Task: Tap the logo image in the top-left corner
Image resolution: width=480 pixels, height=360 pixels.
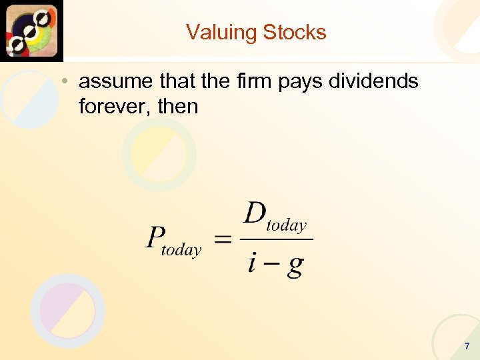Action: (x=31, y=31)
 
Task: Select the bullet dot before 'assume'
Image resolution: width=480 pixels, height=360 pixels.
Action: (x=62, y=82)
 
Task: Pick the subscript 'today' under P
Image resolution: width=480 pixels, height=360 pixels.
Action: (x=181, y=250)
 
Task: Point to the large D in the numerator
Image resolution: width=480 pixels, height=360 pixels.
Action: (x=255, y=214)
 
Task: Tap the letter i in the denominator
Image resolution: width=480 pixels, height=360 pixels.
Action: (x=252, y=263)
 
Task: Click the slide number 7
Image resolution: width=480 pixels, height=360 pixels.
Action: (x=467, y=346)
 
